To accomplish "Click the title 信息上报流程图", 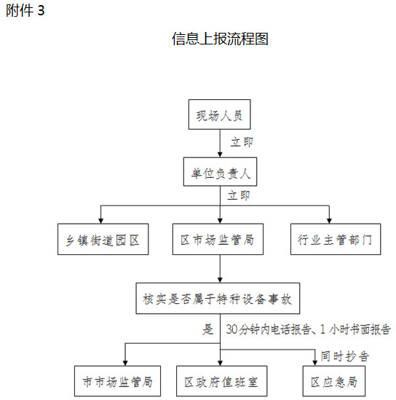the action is (220, 39).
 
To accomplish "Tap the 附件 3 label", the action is (25, 11).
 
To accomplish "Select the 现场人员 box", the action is (219, 114).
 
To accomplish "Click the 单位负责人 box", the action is (220, 172).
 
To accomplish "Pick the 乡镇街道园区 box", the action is (103, 239).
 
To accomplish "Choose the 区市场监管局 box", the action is (218, 239).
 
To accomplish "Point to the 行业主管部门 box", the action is (336, 239).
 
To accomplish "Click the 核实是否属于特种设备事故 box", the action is (218, 298).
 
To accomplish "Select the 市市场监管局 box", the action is (117, 381).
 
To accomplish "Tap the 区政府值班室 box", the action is (222, 381).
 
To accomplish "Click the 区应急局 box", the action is (334, 381).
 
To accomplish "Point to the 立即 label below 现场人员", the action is (242, 142).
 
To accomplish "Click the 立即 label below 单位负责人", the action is (239, 196).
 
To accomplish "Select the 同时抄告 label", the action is (344, 356).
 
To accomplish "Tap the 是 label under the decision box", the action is (208, 329).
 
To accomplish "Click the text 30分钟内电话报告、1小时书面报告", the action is (308, 329).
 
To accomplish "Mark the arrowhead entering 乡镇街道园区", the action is (101, 221).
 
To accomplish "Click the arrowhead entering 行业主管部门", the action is (329, 221).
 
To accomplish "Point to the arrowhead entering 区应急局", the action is (315, 363).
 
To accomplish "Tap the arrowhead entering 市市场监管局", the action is (125, 363).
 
